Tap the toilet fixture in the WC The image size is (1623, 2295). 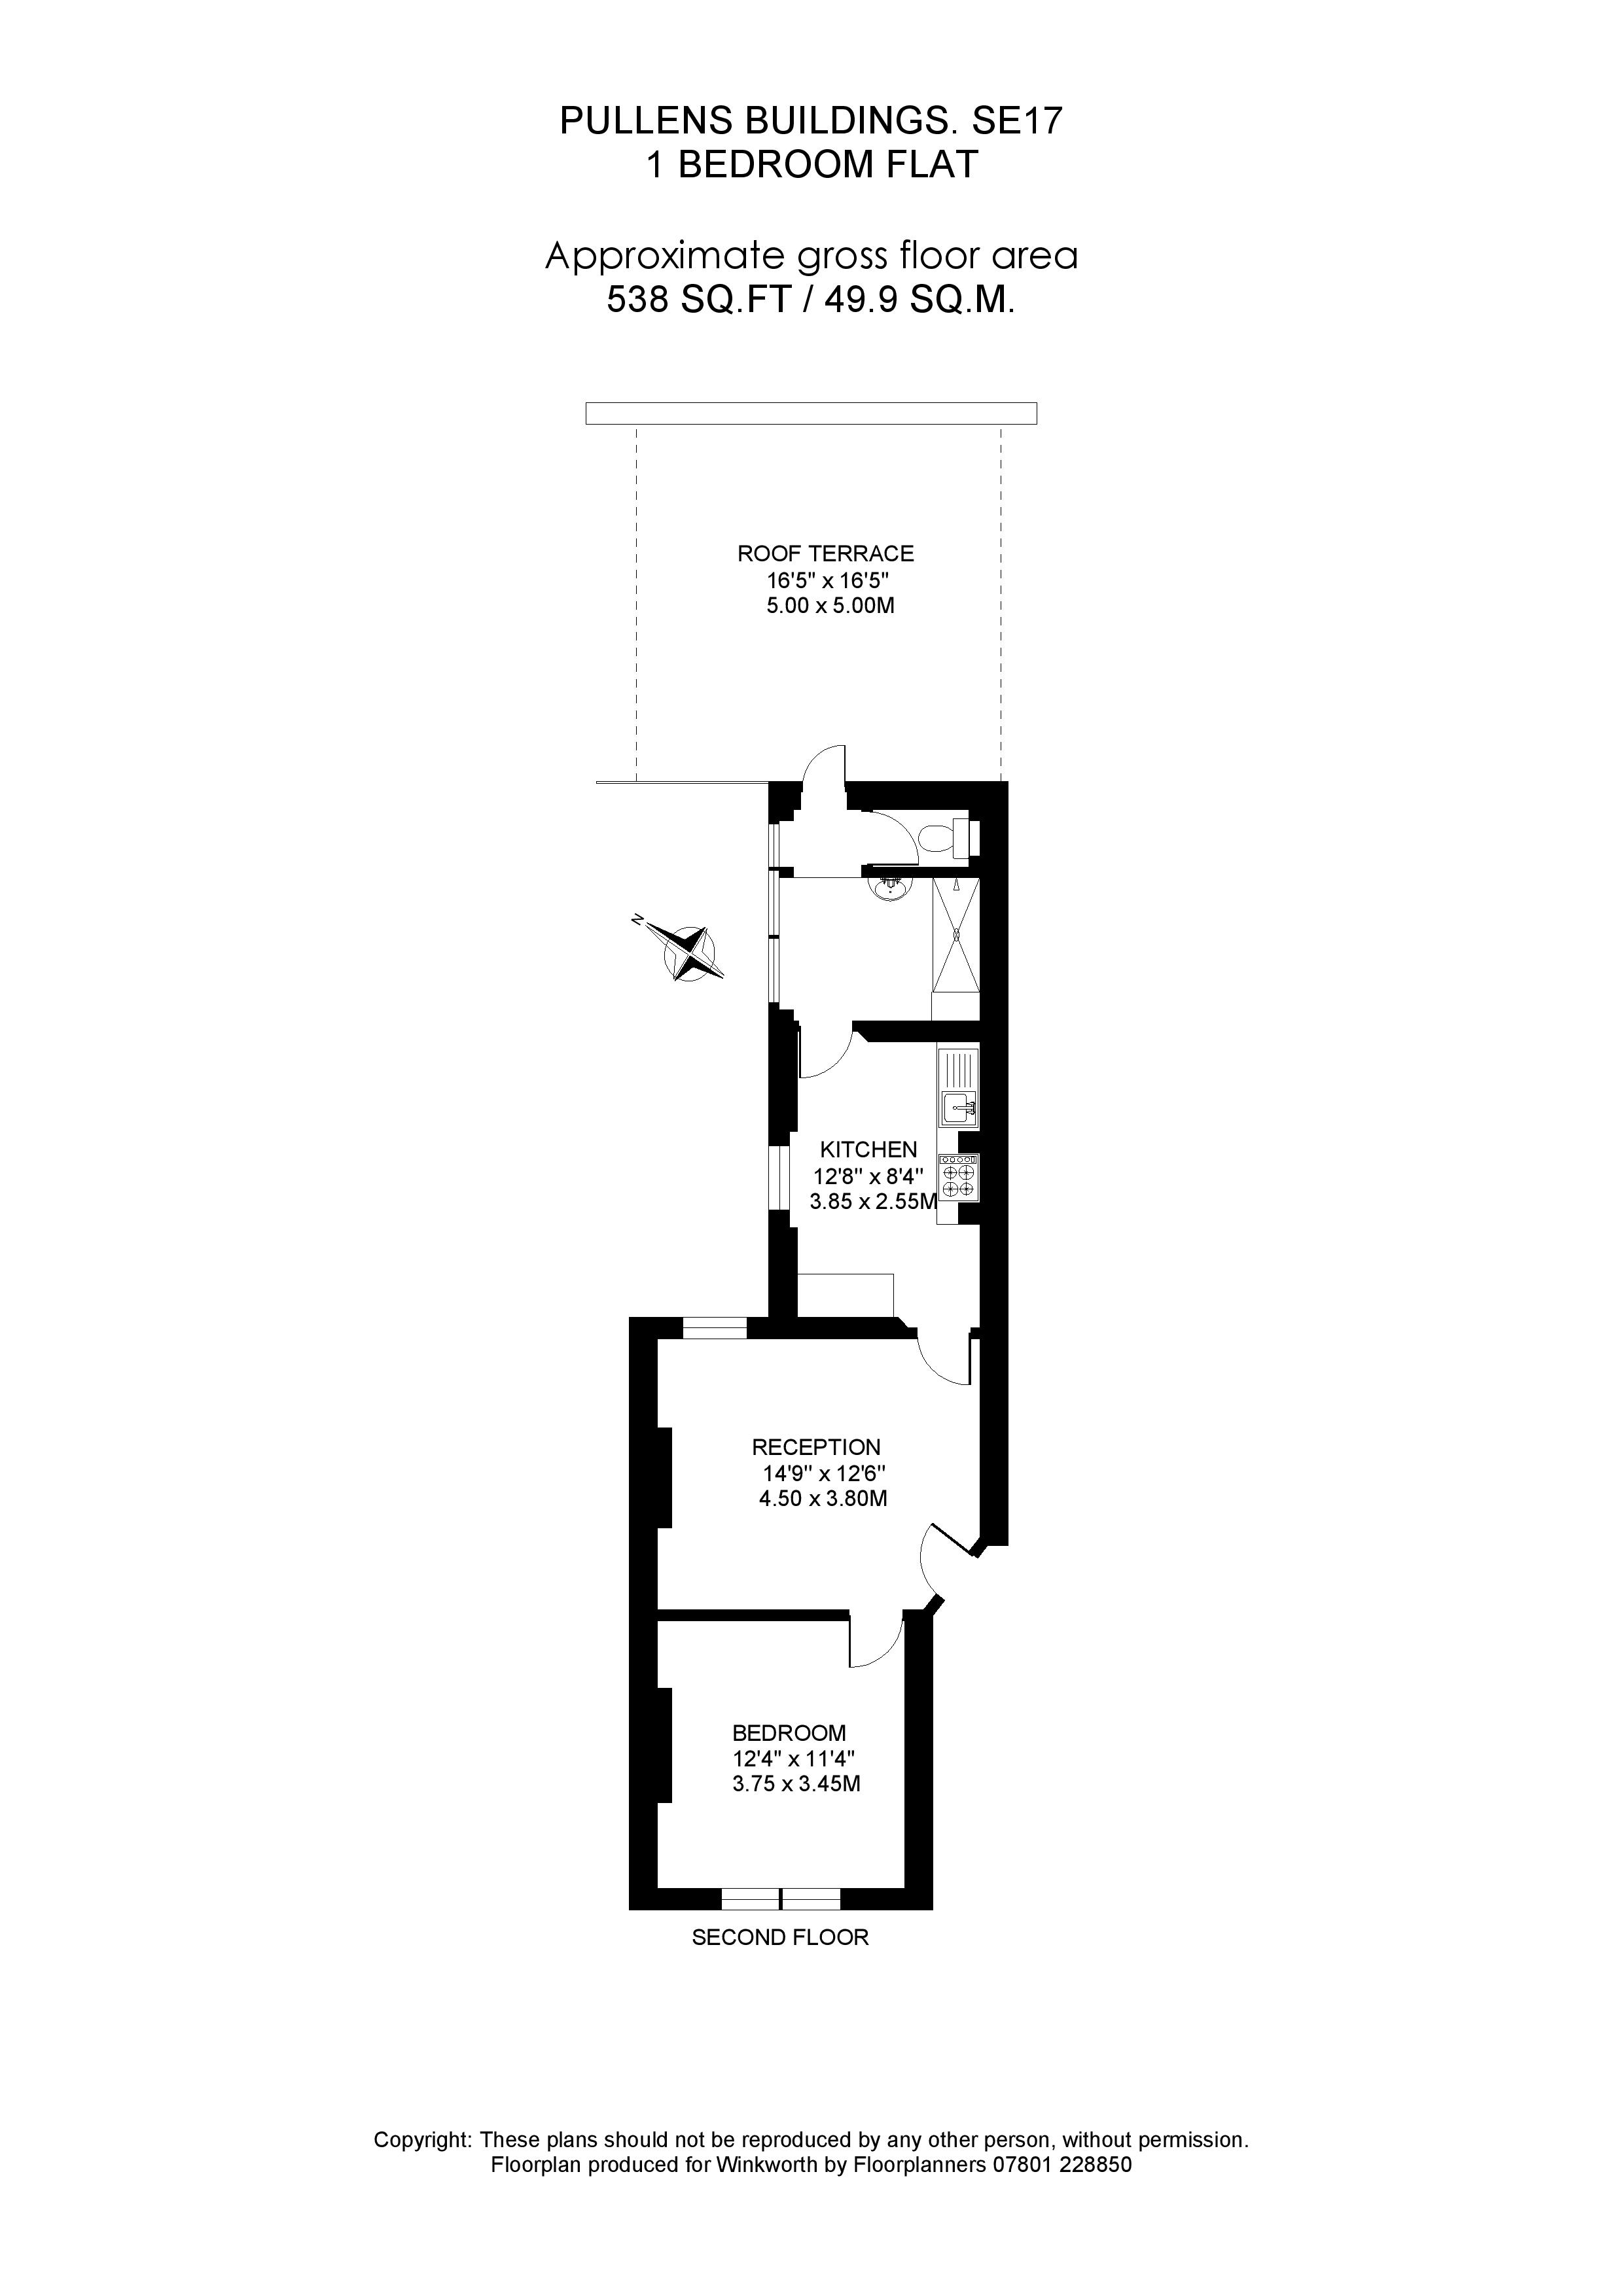(x=941, y=837)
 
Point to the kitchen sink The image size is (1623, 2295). (x=958, y=1108)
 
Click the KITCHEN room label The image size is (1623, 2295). (x=868, y=1149)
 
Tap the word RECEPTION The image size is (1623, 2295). (x=816, y=1446)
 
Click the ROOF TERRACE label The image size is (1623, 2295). (x=825, y=553)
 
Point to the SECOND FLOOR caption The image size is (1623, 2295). (x=780, y=1937)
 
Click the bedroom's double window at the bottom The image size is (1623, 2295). (x=780, y=1898)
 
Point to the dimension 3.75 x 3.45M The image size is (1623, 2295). (x=796, y=1784)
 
